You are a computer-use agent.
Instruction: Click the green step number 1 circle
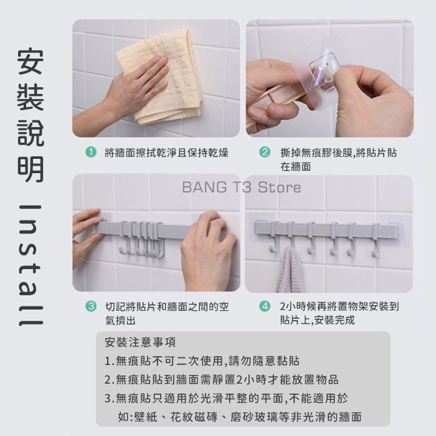91,152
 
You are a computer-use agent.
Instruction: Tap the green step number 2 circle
265,152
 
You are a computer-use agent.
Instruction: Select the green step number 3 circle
91,306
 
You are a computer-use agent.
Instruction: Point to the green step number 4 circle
265,306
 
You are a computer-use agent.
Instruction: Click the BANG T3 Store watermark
242,187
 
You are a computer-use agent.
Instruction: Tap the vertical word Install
31,265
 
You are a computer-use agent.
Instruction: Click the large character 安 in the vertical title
31,62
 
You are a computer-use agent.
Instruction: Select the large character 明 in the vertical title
31,169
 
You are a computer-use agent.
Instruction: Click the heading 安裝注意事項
140,343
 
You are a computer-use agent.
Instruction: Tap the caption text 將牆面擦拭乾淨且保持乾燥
166,153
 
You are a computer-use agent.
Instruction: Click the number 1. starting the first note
110,361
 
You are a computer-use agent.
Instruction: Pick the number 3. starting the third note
110,399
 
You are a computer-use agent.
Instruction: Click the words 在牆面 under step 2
296,166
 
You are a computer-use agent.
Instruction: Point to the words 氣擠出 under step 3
120,321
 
